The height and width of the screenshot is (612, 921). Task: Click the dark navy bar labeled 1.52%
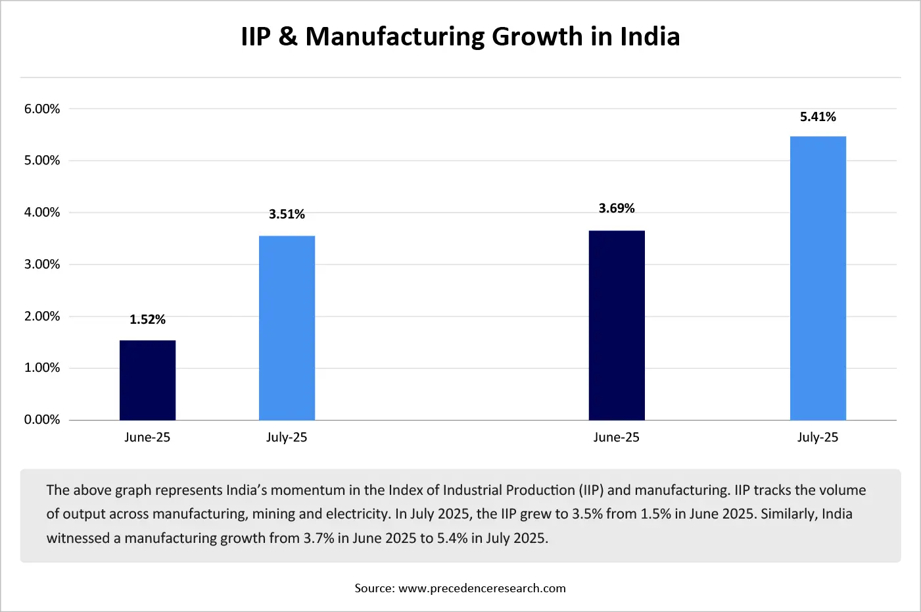click(147, 380)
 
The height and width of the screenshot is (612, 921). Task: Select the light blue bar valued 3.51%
click(287, 328)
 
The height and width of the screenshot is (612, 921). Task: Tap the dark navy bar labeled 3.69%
click(617, 325)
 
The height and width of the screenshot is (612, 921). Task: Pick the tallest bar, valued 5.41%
click(818, 278)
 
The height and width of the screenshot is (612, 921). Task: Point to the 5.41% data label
click(818, 117)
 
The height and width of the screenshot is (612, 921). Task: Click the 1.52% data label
click(147, 320)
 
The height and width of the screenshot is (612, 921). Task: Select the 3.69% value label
click(617, 209)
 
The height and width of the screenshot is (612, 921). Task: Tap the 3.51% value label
click(287, 215)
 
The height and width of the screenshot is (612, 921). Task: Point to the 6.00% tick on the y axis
click(42, 109)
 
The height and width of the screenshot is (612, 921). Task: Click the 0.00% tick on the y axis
click(42, 420)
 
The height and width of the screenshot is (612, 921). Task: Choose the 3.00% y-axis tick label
click(42, 265)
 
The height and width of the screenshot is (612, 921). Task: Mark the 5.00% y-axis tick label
click(42, 161)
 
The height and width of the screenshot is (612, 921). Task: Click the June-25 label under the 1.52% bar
click(147, 438)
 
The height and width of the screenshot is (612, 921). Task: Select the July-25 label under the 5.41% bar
click(818, 438)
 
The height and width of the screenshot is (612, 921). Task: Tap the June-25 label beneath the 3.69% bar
click(617, 438)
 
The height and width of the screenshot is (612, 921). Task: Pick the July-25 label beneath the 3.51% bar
click(287, 438)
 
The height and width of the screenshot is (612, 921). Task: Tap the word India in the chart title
click(649, 37)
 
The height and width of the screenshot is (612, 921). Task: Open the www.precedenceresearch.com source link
click(482, 588)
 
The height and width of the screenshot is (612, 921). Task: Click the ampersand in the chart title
click(288, 37)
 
